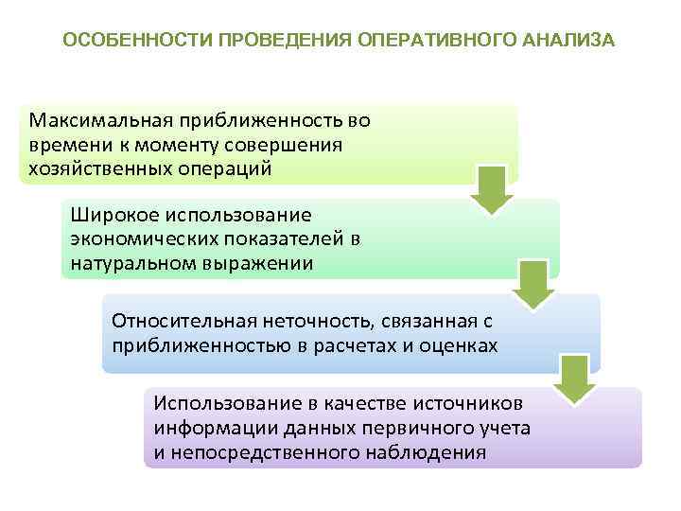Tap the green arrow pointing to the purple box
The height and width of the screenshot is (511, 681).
(576, 379)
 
